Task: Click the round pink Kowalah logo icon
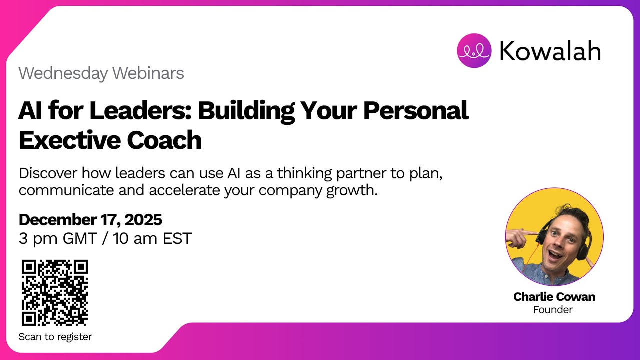(x=474, y=50)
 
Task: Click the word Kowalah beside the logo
(x=550, y=51)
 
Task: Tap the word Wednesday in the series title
(x=63, y=74)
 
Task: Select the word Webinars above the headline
(x=148, y=74)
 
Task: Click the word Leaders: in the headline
(x=142, y=111)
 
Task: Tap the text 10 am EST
(x=152, y=238)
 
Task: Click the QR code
(x=55, y=292)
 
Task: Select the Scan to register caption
(x=55, y=337)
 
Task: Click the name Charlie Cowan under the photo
(x=554, y=297)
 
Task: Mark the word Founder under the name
(x=553, y=310)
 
